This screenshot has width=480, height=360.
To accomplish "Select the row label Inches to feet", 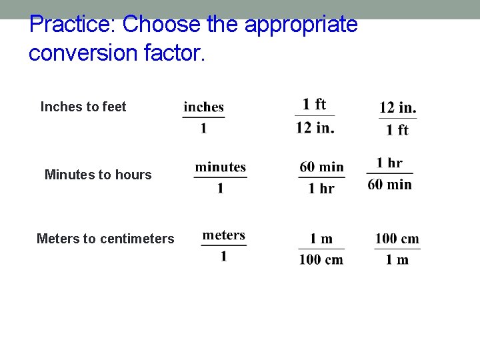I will tap(83, 107).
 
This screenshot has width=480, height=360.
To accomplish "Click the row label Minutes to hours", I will tap(98, 175).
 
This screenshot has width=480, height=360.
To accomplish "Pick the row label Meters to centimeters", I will tap(105, 239).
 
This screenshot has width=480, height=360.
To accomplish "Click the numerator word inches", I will tap(204, 107).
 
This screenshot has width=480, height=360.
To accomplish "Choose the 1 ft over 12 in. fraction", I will tap(315, 116).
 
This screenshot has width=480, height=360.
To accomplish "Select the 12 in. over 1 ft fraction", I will tap(398, 118).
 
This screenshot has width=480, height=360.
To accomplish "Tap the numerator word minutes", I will tap(221, 167).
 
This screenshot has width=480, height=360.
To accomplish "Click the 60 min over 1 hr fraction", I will tap(321, 177).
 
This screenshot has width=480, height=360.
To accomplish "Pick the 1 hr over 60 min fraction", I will tap(389, 174).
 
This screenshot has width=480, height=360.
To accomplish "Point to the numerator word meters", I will tap(224, 235).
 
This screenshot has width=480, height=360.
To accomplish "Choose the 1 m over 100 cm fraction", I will tap(321, 249).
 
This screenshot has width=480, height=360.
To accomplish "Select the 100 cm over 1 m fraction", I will tap(397, 249).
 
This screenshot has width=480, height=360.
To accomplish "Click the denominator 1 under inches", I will tap(204, 128).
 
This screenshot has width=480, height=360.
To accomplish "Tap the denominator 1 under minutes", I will tap(221, 189).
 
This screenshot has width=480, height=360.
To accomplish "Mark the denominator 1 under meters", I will tap(224, 257).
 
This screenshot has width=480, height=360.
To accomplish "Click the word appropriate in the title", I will tap(301, 25).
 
